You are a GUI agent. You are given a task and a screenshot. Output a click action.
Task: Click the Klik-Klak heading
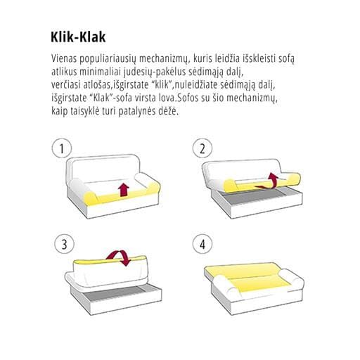[x=78, y=37]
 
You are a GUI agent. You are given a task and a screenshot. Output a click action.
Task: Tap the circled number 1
[x=62, y=148]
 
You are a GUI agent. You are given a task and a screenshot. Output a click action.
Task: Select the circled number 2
[x=202, y=148]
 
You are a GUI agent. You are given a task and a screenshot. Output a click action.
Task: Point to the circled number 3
[x=64, y=244]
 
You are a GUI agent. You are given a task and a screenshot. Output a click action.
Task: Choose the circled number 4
[x=202, y=244]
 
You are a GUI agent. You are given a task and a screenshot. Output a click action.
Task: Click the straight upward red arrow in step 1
[x=124, y=190]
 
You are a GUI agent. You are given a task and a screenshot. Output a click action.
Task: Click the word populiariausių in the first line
[x=108, y=58]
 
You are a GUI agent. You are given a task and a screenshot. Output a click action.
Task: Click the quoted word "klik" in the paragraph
[x=162, y=84]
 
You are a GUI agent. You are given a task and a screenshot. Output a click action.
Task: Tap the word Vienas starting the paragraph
[x=64, y=58]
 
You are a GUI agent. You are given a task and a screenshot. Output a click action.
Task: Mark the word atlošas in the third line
[x=97, y=84]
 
